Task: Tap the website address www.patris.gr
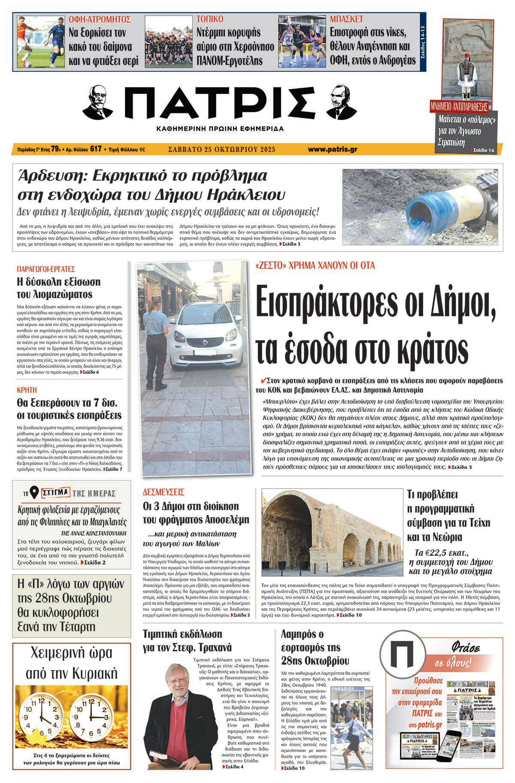click(333, 149)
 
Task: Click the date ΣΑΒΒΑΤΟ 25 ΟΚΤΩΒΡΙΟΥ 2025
click(221, 149)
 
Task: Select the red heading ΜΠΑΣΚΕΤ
click(347, 19)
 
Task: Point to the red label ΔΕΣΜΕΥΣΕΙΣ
click(164, 492)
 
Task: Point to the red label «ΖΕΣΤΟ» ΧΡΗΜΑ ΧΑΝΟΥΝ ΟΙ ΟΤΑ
click(315, 266)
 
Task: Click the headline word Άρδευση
click(47, 176)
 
